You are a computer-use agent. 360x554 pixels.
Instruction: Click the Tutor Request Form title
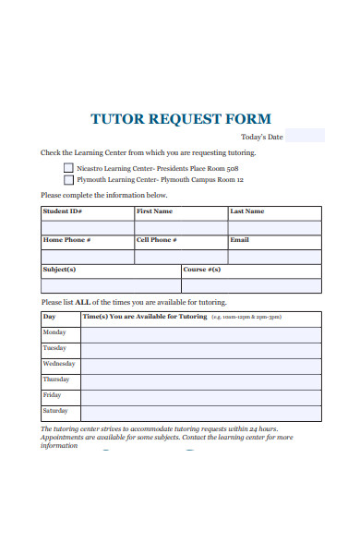coord(181,118)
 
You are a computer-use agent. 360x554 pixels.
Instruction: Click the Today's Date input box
coord(305,136)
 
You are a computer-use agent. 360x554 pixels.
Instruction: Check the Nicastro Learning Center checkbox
coord(68,168)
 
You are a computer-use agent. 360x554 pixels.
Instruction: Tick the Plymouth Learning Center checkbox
coord(68,181)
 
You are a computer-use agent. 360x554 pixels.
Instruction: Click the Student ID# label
coord(63,211)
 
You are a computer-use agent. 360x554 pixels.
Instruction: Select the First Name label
coord(154,211)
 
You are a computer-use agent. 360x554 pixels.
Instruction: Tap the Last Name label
coord(246,211)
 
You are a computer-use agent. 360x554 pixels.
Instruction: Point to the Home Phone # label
coord(66,240)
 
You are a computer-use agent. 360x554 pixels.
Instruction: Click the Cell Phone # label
coord(157,240)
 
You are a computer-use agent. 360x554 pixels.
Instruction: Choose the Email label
coord(239,240)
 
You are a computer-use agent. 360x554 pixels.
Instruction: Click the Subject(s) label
coord(59,270)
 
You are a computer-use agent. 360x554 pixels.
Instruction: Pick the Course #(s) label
coord(201,270)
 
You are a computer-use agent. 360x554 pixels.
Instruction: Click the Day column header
coord(50,317)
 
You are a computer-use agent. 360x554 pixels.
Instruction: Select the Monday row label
coord(54,331)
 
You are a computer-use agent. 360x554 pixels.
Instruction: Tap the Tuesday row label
coord(54,348)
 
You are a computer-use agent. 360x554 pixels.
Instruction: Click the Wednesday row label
coord(57,364)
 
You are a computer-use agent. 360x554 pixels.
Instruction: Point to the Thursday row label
coord(56,379)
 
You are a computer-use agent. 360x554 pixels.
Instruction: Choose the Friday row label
coord(52,395)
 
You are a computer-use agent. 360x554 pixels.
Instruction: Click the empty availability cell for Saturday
coord(201,411)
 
